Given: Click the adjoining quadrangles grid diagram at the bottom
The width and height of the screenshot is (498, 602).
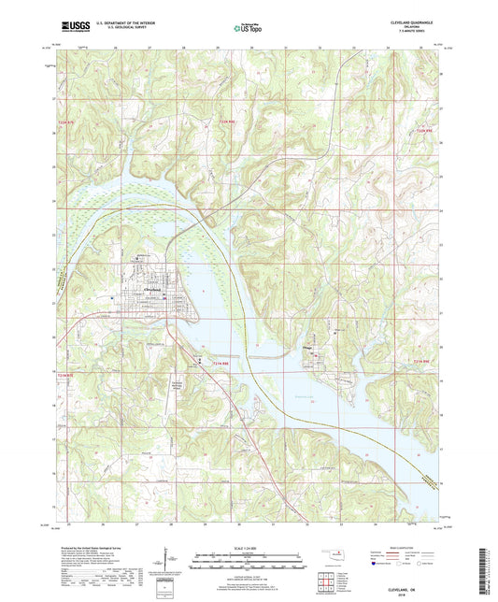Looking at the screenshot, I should (326, 585).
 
